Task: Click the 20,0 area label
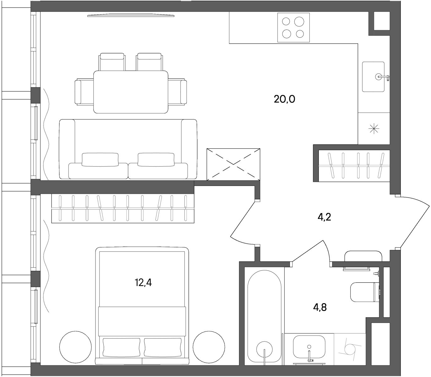click(x=284, y=99)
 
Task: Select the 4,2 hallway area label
click(x=325, y=217)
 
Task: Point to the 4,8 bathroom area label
click(x=320, y=308)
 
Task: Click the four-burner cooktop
click(x=293, y=28)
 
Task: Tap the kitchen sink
click(x=373, y=77)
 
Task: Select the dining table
click(x=131, y=92)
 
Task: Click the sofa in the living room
click(x=128, y=149)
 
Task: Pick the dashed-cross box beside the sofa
click(x=233, y=165)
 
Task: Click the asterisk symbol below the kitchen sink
click(x=374, y=128)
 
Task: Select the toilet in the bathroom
click(x=365, y=292)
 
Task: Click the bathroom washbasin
click(x=309, y=347)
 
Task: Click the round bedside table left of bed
click(x=75, y=347)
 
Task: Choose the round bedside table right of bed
click(x=209, y=347)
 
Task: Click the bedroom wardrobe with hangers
click(x=123, y=208)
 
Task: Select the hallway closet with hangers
click(x=354, y=166)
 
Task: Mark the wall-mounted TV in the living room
click(x=131, y=15)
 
